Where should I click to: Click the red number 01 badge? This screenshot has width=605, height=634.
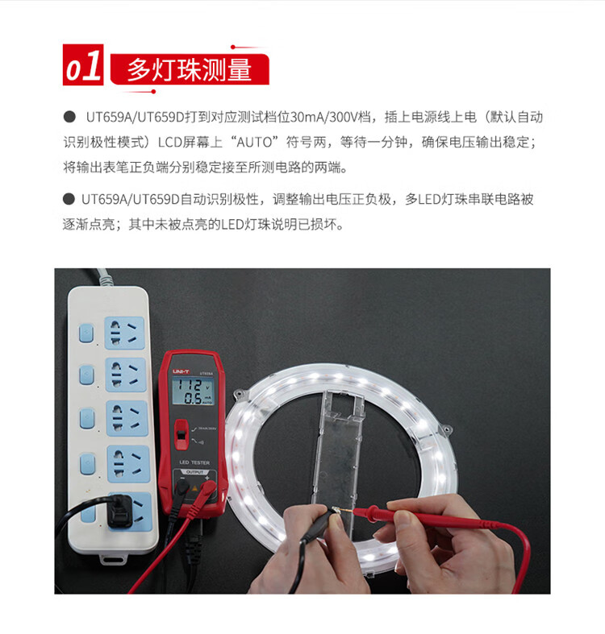pyautogui.click(x=83, y=64)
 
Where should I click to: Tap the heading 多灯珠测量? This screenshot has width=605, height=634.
pyautogui.click(x=190, y=69)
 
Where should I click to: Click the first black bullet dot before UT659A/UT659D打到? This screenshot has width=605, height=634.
pyautogui.click(x=69, y=117)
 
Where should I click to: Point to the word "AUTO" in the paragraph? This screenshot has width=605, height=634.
pyautogui.click(x=254, y=143)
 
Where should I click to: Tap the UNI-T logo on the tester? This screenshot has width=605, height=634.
pyautogui.click(x=181, y=371)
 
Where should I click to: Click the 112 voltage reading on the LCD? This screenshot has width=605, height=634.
pyautogui.click(x=190, y=385)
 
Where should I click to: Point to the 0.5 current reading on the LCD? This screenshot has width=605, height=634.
pyautogui.click(x=193, y=398)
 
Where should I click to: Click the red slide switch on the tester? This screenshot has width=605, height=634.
pyautogui.click(x=181, y=435)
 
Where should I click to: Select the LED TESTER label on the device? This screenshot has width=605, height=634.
pyautogui.click(x=194, y=462)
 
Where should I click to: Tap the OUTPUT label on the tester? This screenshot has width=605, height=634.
pyautogui.click(x=194, y=472)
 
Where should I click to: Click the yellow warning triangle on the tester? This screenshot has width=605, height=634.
pyautogui.click(x=194, y=488)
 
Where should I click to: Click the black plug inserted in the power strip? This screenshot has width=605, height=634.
pyautogui.click(x=120, y=511)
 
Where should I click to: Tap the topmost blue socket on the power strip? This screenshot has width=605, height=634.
pyautogui.click(x=124, y=333)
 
